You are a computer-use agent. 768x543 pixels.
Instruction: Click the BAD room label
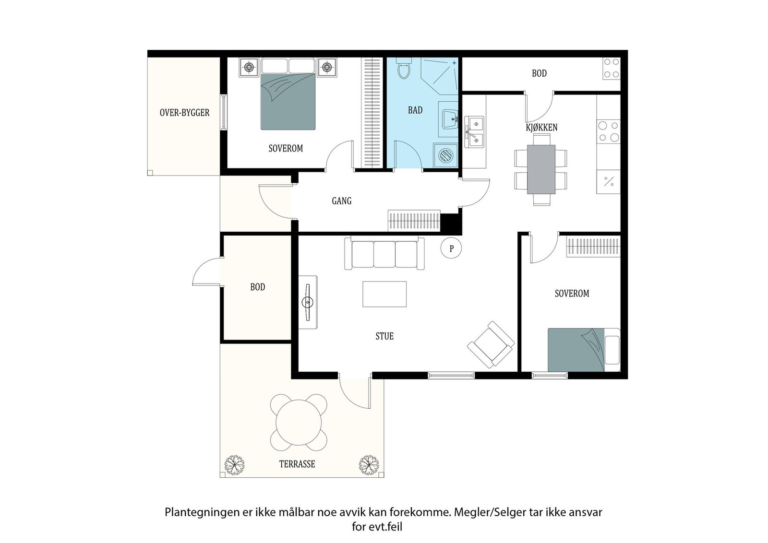click(x=415, y=110)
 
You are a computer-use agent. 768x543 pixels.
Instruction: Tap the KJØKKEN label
click(x=542, y=128)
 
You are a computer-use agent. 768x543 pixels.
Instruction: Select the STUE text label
click(x=384, y=336)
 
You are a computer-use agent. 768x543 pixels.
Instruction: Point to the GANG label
click(x=341, y=201)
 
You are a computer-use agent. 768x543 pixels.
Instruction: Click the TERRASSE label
click(x=297, y=464)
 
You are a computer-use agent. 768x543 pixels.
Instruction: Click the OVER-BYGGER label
click(x=184, y=113)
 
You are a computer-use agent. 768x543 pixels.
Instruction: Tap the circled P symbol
click(x=451, y=248)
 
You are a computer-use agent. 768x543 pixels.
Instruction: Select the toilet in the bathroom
click(x=404, y=68)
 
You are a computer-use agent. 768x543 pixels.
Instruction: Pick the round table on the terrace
click(x=299, y=423)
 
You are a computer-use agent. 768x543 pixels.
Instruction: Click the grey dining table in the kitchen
click(x=541, y=170)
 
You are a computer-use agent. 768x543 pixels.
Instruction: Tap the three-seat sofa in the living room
click(x=384, y=253)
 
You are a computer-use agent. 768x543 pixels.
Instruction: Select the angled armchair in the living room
click(x=491, y=344)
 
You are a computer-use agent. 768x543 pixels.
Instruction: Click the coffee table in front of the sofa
click(x=384, y=294)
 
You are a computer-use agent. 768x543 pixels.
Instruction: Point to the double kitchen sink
click(x=474, y=132)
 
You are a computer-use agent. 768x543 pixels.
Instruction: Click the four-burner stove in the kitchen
click(x=609, y=131)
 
